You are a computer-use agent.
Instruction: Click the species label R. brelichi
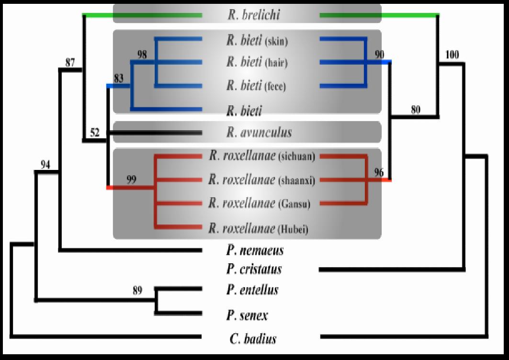point(253,14)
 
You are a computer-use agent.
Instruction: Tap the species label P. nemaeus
point(255,250)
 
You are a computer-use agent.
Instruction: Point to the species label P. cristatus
point(254,269)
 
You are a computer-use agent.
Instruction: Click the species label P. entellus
point(252,290)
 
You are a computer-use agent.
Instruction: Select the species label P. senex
point(247,315)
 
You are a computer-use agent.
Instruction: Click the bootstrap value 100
point(452,55)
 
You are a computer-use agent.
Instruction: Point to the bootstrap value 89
point(137,291)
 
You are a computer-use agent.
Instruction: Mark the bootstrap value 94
point(45,165)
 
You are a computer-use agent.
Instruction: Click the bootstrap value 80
point(416,110)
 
